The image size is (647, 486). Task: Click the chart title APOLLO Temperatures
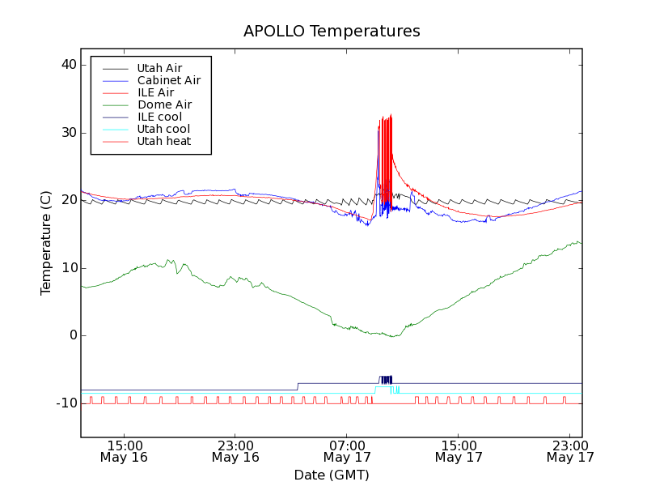332,32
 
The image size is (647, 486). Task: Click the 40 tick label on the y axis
68,65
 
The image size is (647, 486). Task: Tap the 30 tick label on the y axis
68,133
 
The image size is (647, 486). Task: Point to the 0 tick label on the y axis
72,335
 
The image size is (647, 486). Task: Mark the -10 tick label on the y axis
66,403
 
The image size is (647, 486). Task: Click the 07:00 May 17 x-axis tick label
347,451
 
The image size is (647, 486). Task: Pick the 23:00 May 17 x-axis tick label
570,451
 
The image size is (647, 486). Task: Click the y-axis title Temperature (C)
46,243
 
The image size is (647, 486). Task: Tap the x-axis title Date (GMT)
332,475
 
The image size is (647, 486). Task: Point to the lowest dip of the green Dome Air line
393,335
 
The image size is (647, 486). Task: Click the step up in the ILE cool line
298,386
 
